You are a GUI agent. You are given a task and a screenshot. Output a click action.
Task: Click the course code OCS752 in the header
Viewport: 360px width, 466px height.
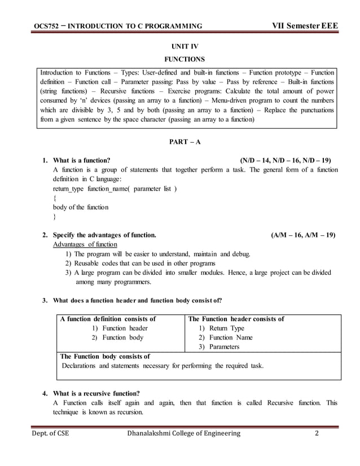coord(46,26)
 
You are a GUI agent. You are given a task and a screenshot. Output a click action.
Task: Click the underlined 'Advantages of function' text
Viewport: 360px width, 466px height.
coord(85,244)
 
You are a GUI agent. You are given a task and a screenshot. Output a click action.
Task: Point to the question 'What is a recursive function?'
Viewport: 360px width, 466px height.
coord(96,393)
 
